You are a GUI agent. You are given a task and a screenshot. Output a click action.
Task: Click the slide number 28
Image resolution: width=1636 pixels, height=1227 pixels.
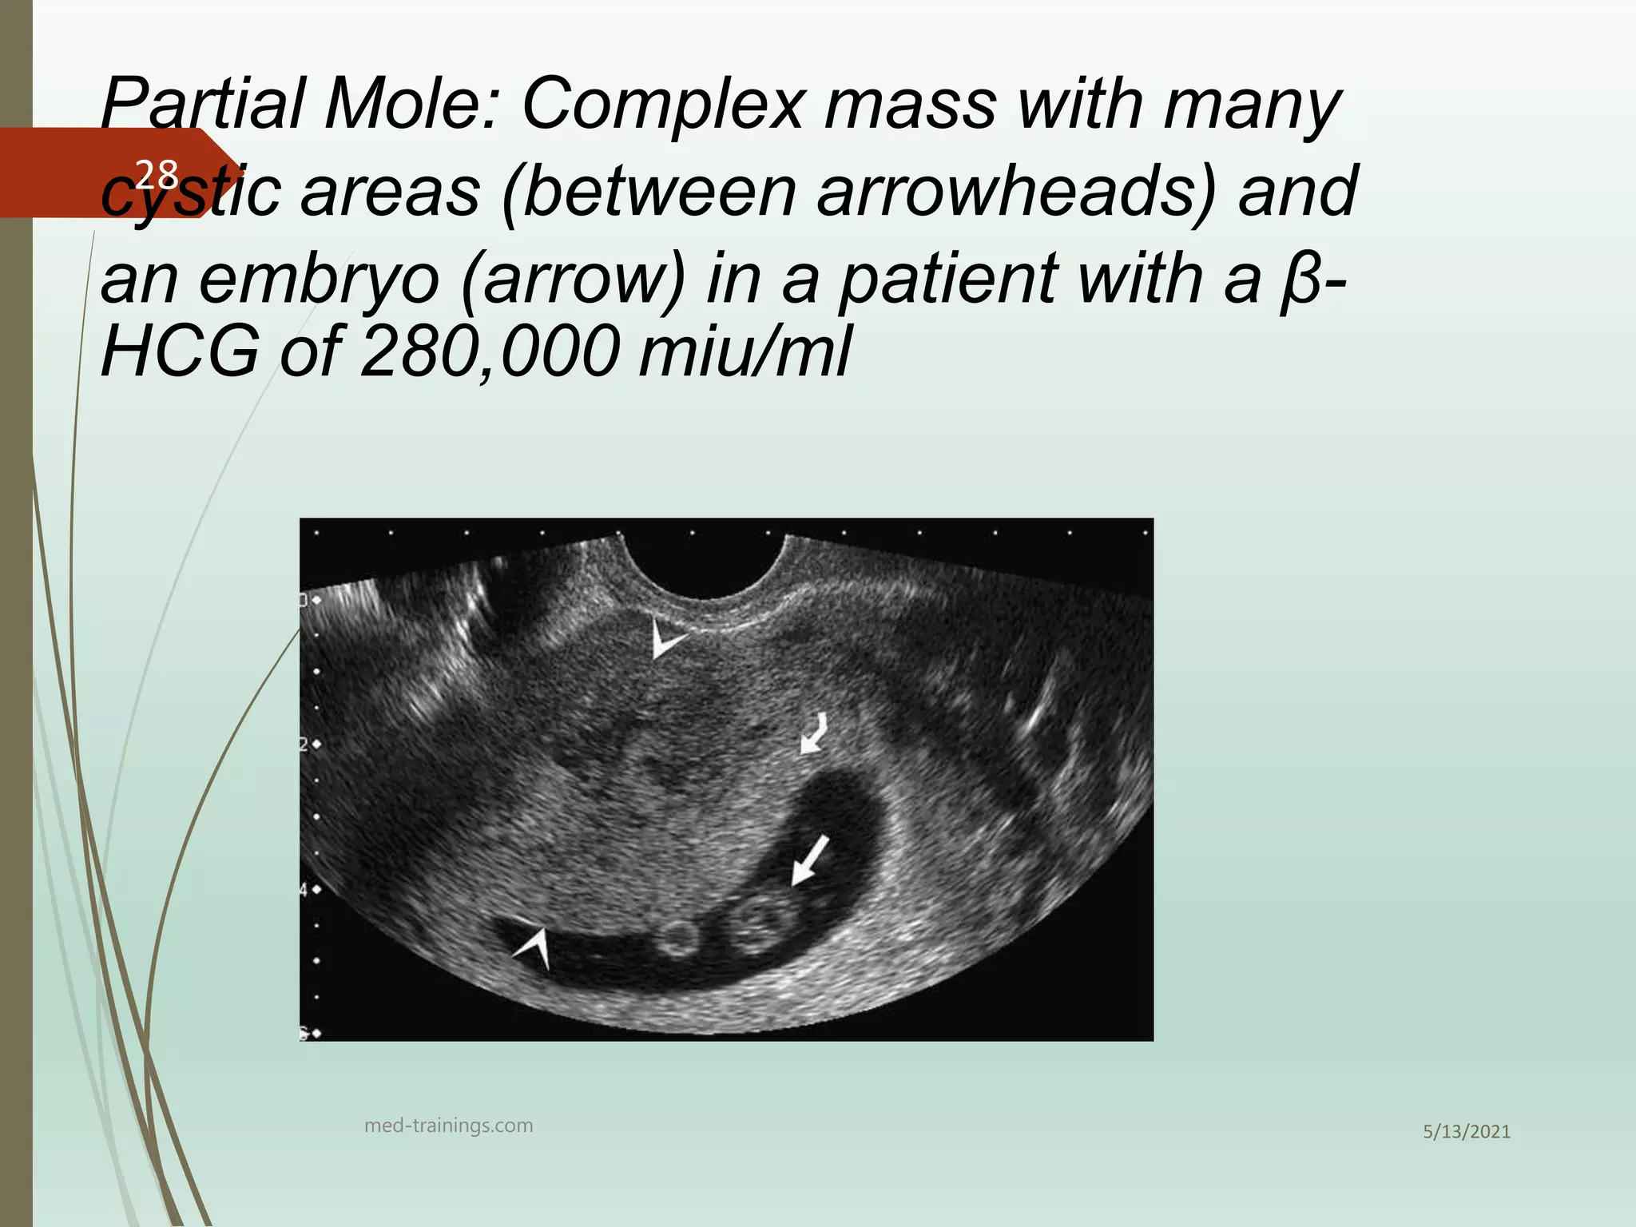(x=157, y=173)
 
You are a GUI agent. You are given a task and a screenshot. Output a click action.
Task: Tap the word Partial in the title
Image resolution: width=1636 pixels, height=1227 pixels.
(x=201, y=105)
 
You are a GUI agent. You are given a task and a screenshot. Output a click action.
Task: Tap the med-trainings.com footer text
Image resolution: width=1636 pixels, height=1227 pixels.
(x=448, y=1126)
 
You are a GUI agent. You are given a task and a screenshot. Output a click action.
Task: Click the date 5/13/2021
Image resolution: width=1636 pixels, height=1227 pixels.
(x=1467, y=1132)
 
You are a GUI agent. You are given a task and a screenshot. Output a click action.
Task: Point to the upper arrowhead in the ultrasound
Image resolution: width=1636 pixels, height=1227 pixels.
(x=665, y=638)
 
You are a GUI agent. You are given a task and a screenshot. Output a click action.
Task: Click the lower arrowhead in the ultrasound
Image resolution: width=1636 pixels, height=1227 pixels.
(x=534, y=946)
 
